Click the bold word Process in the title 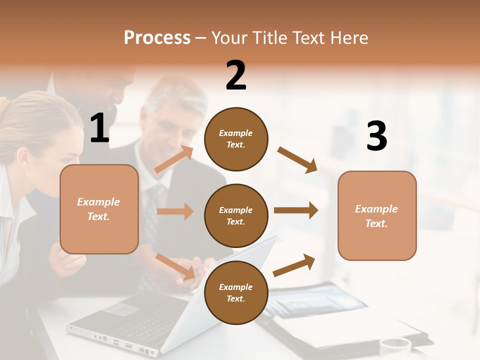157,37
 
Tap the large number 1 99,128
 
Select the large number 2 236,75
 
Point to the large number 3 376,136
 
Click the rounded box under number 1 99,209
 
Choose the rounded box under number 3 377,215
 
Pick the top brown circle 236,139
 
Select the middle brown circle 236,215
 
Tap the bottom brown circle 236,292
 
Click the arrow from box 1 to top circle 174,159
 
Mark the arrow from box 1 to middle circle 175,211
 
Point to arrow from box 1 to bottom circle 175,266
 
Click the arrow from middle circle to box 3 296,210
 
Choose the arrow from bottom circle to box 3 294,265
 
